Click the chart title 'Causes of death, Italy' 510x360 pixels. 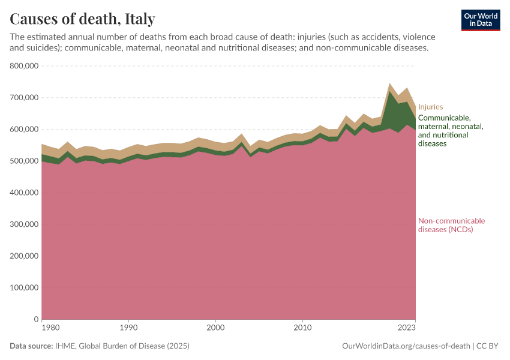tap(82, 18)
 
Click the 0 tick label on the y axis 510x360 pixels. tap(36, 319)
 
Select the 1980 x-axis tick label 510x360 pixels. tap(50, 328)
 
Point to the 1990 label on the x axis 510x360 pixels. tap(128, 328)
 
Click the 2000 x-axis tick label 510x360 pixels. tap(215, 328)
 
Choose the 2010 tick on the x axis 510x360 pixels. tap(302, 328)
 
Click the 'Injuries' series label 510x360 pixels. tap(430, 107)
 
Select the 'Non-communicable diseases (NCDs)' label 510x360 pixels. tap(451, 225)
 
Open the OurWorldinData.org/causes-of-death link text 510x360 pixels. tap(406, 346)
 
